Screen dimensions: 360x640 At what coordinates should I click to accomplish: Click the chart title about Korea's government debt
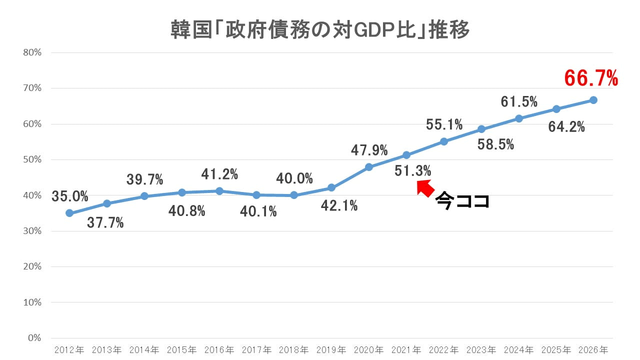320,30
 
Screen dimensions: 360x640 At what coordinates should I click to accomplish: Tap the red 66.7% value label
591,78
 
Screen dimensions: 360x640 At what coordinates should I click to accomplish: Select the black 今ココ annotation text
461,201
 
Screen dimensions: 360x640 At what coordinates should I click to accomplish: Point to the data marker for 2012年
69,213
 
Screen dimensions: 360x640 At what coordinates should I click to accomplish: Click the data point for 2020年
369,167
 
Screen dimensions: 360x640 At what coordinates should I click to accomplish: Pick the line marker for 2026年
593,100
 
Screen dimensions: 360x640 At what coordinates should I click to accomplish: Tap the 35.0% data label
70,196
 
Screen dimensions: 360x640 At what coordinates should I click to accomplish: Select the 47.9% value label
369,149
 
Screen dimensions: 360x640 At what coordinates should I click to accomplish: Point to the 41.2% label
219,174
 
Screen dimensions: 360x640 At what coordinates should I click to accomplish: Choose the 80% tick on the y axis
32,52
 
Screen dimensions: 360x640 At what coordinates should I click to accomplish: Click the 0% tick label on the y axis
34,338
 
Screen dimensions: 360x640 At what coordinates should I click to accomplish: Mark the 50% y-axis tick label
32,160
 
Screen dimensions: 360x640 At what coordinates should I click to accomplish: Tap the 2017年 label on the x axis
256,349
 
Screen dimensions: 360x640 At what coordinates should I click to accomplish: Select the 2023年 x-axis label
481,349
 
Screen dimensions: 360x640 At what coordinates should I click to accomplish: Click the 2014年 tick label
144,349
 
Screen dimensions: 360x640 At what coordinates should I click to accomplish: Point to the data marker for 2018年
294,195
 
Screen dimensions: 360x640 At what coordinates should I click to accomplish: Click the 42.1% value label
339,205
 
